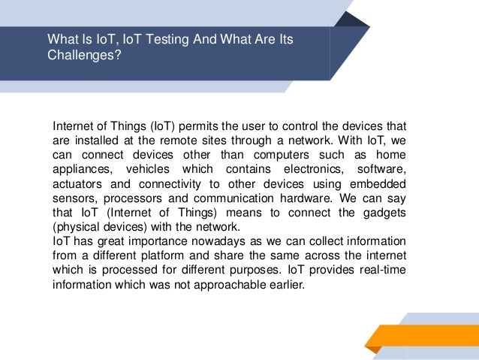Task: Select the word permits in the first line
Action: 199,125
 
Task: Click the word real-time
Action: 383,271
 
